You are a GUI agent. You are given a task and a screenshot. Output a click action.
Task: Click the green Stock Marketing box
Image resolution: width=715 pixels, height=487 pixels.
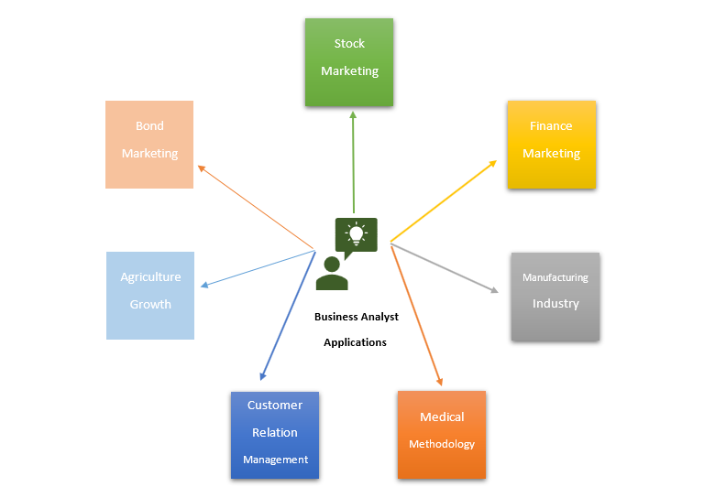(x=349, y=62)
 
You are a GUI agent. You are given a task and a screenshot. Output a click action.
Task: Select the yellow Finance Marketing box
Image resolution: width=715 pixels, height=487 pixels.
(x=552, y=145)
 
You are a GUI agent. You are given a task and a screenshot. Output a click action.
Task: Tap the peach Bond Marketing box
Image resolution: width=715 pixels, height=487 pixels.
(x=149, y=145)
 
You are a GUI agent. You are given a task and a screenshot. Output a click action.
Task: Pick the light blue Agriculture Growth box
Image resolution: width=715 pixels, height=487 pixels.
(x=150, y=296)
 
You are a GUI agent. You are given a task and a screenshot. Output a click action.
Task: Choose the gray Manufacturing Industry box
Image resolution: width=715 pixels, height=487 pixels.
(x=555, y=297)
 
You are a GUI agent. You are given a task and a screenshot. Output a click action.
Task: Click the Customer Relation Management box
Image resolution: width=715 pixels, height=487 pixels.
(x=275, y=435)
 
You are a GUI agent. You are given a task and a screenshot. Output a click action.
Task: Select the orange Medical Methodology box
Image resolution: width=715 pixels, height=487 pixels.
(x=442, y=435)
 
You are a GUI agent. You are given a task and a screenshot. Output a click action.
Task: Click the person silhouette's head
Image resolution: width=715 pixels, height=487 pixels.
(x=332, y=265)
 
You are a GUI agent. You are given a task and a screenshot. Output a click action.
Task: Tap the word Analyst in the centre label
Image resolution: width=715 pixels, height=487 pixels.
(x=379, y=317)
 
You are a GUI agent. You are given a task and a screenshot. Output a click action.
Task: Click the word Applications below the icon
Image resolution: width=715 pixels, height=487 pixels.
(x=356, y=342)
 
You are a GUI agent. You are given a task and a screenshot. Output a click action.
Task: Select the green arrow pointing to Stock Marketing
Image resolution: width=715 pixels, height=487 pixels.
(x=353, y=162)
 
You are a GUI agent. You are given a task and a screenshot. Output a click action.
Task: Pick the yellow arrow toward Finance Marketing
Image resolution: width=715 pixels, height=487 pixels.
(x=444, y=200)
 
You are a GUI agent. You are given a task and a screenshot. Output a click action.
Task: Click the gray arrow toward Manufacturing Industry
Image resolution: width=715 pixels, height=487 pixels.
(x=445, y=268)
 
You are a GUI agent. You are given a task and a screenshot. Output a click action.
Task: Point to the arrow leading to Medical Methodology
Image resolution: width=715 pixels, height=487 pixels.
(x=417, y=316)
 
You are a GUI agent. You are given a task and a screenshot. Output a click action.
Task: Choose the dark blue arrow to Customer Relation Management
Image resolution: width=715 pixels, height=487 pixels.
(x=288, y=315)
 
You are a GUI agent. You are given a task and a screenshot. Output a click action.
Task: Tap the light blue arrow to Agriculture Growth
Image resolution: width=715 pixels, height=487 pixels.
(x=258, y=269)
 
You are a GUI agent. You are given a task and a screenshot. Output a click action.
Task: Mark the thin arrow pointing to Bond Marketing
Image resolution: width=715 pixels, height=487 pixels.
(x=256, y=208)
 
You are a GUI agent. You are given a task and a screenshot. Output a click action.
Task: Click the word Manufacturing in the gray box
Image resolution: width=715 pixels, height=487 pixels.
(x=555, y=277)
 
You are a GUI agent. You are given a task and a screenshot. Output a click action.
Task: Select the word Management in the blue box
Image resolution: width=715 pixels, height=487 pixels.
(x=275, y=460)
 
